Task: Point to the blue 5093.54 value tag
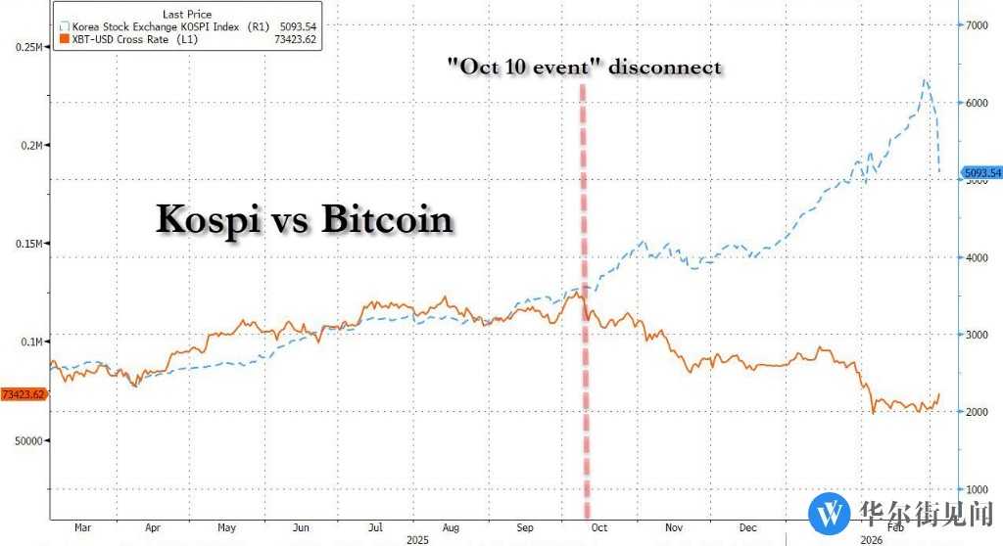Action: pyautogui.click(x=980, y=174)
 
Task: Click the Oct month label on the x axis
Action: pyautogui.click(x=598, y=527)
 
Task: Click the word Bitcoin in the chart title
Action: pyautogui.click(x=388, y=218)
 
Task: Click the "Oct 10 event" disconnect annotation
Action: pyautogui.click(x=584, y=67)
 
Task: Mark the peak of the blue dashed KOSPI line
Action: pyautogui.click(x=924, y=79)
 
